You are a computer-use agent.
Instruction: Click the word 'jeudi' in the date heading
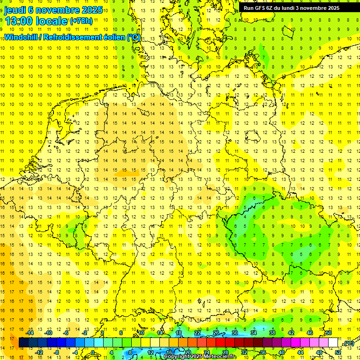tap(15, 10)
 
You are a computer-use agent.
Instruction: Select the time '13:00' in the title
tap(22, 21)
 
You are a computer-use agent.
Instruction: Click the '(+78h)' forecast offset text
tap(81, 21)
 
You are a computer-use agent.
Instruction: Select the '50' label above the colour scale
tap(328, 333)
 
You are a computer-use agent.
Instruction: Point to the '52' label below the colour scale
tap(337, 352)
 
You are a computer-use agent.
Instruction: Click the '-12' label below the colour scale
tap(39, 352)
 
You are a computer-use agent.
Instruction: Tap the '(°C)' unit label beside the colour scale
tap(348, 343)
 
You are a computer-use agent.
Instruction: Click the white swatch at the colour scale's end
tap(333, 343)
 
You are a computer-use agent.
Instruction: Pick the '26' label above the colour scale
tap(216, 333)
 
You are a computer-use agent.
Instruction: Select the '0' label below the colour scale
tap(93, 352)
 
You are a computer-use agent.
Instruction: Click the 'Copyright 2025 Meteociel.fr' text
tap(200, 357)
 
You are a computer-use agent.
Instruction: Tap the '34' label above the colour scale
tap(254, 333)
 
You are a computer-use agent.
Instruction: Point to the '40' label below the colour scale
tap(281, 352)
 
